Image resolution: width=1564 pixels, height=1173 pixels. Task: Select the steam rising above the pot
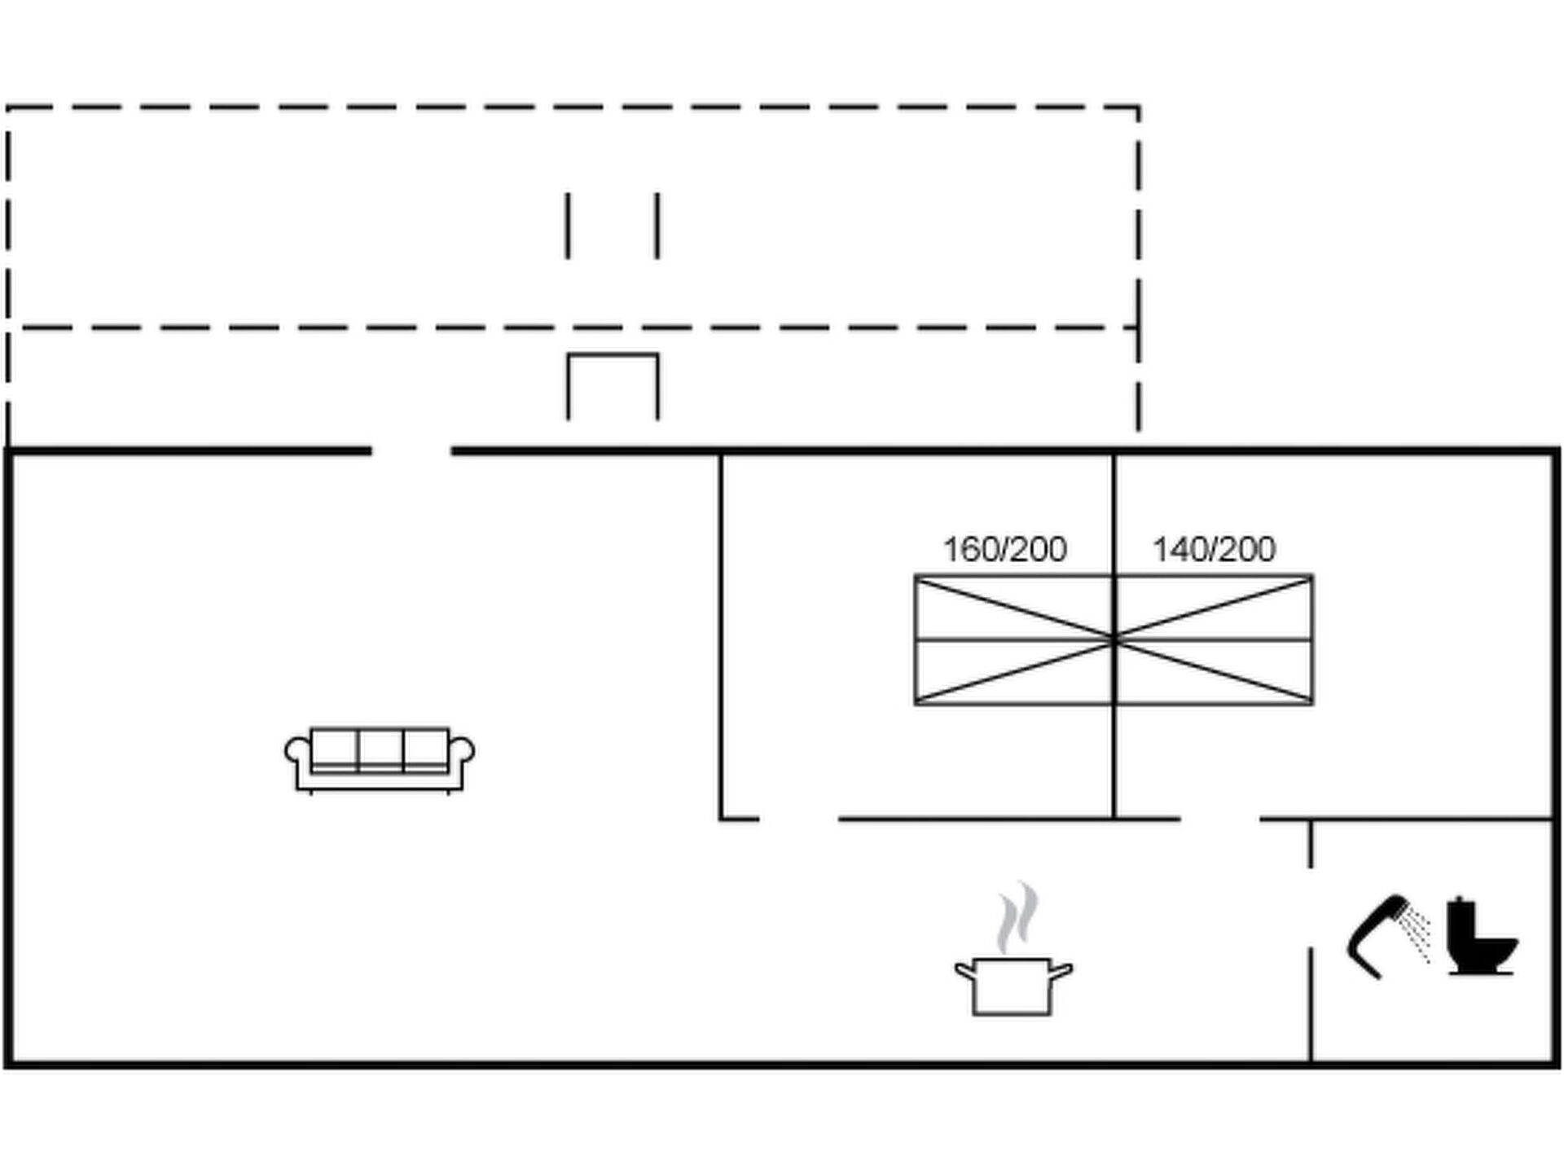pyautogui.click(x=1017, y=918)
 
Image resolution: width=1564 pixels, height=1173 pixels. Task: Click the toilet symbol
pyautogui.click(x=1479, y=937)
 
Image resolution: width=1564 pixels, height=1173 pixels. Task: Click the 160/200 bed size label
pyautogui.click(x=1004, y=550)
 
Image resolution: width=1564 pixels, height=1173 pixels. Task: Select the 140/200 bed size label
pyautogui.click(x=1214, y=550)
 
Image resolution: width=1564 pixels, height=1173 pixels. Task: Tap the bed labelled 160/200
pyautogui.click(x=1013, y=640)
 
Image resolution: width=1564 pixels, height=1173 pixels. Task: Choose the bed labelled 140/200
pyautogui.click(x=1214, y=640)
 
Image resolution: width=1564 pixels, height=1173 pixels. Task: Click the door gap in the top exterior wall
pyautogui.click(x=411, y=450)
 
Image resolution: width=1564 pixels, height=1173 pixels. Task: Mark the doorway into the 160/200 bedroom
pyautogui.click(x=798, y=819)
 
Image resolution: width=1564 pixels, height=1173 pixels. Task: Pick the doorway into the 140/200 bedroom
pyautogui.click(x=1220, y=819)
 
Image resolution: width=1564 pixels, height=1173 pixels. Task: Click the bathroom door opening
pyautogui.click(x=1311, y=907)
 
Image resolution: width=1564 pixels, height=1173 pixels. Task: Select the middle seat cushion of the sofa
pyautogui.click(x=380, y=749)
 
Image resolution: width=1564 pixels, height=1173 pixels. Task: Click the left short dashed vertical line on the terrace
pyautogui.click(x=568, y=226)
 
